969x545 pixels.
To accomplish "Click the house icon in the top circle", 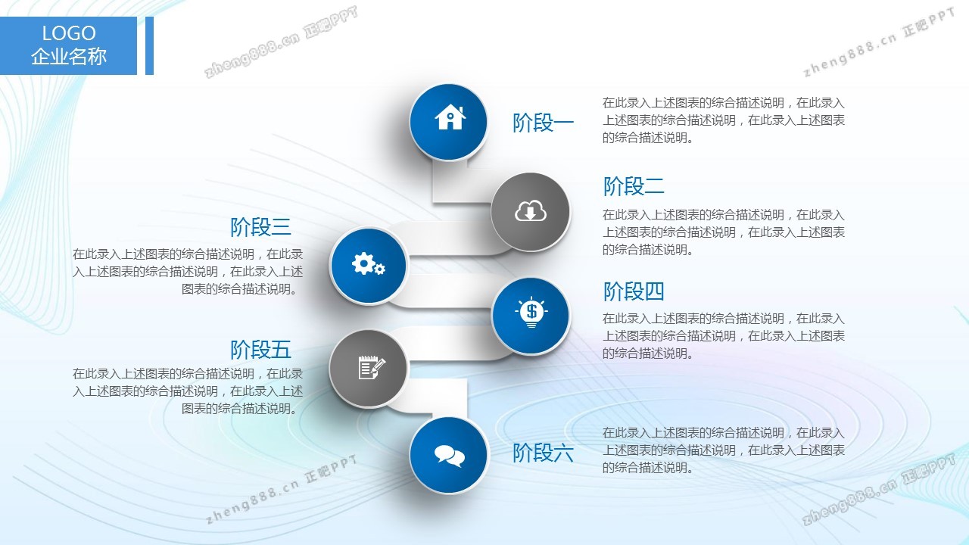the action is (x=450, y=117).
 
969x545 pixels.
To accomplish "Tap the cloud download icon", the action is (x=531, y=210).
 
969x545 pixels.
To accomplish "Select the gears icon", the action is (x=368, y=263).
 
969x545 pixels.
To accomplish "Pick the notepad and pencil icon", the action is (x=372, y=367).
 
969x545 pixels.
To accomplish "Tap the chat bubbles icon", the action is (x=450, y=456).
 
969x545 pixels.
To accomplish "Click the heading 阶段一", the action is (x=543, y=123).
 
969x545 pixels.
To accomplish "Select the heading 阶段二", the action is (x=634, y=186).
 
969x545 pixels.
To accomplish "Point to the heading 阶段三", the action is (x=260, y=227).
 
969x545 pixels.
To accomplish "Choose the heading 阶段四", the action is (x=634, y=291).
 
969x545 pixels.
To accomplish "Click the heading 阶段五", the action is (x=260, y=350).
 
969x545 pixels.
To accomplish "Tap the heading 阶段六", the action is (x=543, y=453).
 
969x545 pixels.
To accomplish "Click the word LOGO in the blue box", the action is (x=69, y=33).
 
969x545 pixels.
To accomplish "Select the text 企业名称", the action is (x=69, y=56).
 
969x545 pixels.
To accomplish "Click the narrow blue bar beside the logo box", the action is (x=149, y=45).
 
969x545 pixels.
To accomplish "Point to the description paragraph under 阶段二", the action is (x=723, y=232).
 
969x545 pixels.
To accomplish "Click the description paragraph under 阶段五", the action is (x=188, y=391).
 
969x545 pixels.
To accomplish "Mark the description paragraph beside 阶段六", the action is (x=723, y=450).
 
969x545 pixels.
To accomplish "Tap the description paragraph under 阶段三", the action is (x=188, y=272).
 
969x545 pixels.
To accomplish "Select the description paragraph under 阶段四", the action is (x=723, y=336).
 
